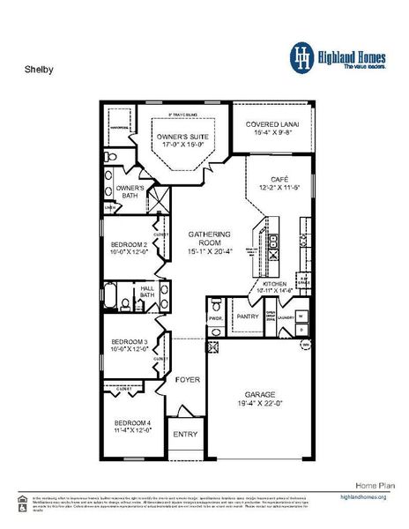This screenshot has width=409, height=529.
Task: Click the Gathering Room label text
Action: [210, 239]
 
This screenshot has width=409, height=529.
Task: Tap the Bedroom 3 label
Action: [130, 341]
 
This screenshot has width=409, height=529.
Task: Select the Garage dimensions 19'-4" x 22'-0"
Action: [256, 404]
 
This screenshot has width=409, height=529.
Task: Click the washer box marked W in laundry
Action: [301, 314]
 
